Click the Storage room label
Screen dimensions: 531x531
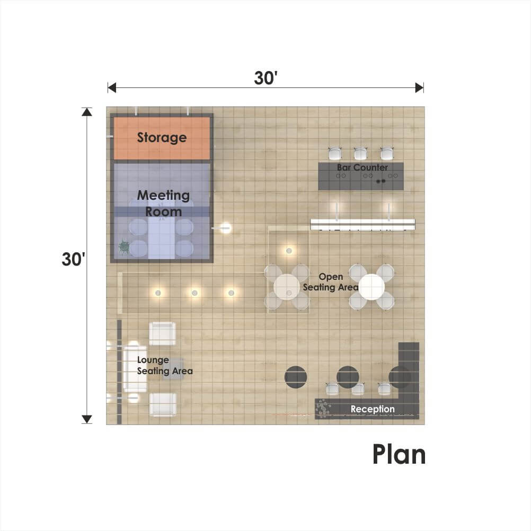[x=162, y=137]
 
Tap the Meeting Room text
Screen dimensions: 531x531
[x=164, y=203]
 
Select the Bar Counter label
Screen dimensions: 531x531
[x=362, y=167]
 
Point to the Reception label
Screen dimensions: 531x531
[x=373, y=409]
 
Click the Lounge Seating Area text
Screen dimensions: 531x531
[x=165, y=366]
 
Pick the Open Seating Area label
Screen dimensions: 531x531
[x=331, y=282]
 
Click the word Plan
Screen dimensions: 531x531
[x=399, y=455]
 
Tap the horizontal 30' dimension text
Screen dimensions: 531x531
[x=266, y=78]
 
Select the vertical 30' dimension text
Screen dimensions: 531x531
[x=73, y=259]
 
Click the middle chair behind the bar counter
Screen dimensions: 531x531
[x=360, y=153]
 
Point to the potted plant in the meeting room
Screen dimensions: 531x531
[x=124, y=247]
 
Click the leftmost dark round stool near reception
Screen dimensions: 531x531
[x=296, y=377]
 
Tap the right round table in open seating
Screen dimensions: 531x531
[x=371, y=287]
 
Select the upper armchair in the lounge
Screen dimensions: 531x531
[x=163, y=333]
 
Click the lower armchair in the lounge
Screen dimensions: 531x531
[x=163, y=404]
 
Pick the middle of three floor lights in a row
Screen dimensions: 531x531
[x=194, y=293]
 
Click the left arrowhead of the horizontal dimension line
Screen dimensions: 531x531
[x=112, y=88]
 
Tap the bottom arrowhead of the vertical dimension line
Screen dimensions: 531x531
[x=87, y=419]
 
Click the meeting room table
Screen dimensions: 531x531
[x=161, y=237]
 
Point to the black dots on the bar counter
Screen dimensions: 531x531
[x=381, y=181]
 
